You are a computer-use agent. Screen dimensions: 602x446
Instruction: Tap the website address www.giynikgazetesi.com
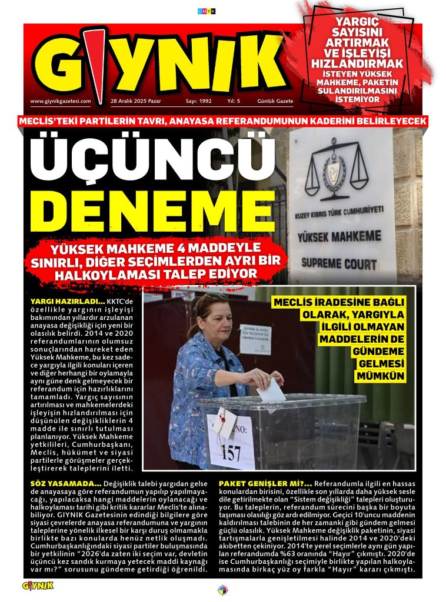[61, 101]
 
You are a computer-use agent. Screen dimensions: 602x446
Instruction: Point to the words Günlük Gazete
[275, 101]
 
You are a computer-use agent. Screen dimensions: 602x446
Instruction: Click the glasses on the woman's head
[211, 297]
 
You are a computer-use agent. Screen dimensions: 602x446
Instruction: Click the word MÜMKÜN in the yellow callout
[380, 376]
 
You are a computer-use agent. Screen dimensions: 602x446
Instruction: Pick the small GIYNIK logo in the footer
[38, 586]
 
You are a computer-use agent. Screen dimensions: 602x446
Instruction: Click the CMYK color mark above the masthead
[207, 11]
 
